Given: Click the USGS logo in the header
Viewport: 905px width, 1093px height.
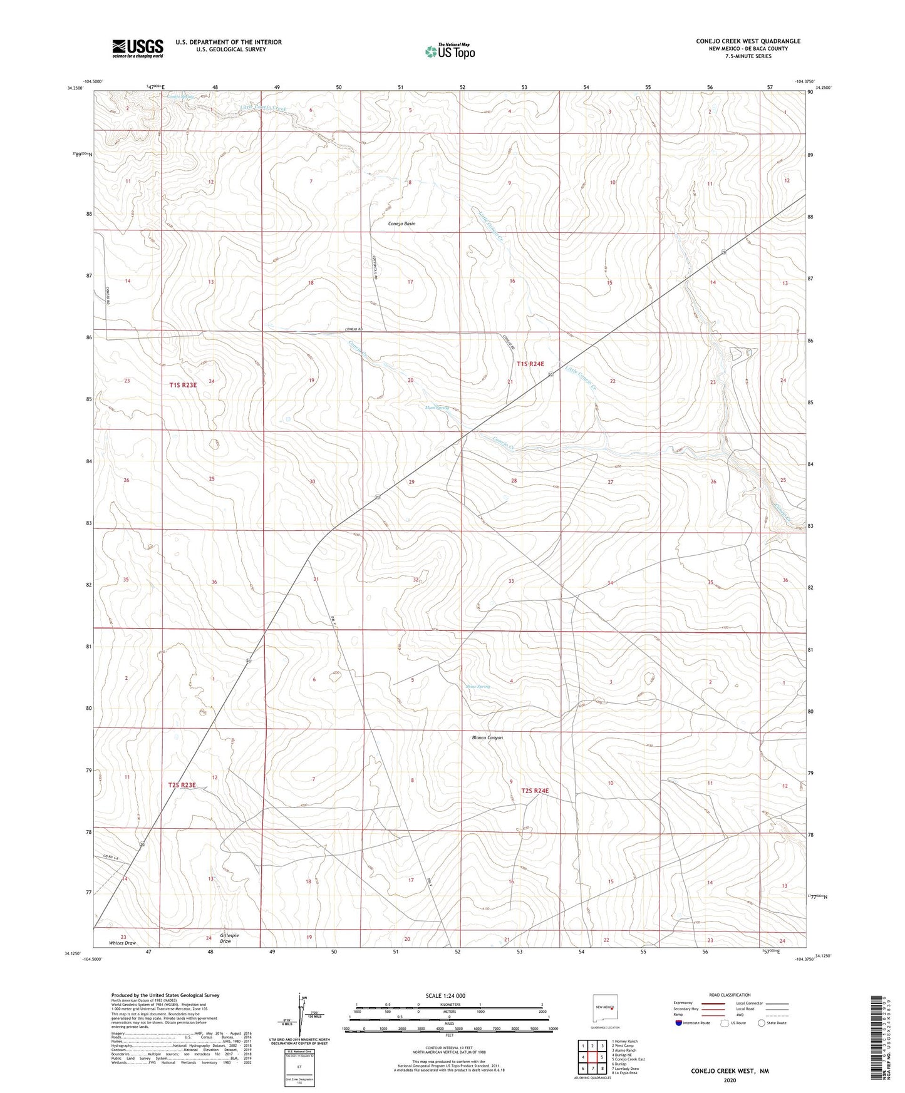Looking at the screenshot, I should [138, 48].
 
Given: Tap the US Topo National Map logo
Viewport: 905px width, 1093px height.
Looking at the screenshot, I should [450, 51].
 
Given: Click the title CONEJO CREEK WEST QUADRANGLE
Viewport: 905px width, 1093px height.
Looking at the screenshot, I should [748, 41].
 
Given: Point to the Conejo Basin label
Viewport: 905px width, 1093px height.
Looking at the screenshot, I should [401, 223].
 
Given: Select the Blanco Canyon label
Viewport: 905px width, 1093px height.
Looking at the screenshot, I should [487, 737].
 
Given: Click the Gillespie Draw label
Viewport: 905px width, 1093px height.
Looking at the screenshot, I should [229, 938].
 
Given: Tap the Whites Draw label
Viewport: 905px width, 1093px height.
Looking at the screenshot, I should [122, 943].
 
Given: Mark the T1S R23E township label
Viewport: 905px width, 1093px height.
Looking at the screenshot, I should [183, 386].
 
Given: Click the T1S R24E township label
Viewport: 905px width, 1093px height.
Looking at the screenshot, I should [530, 364].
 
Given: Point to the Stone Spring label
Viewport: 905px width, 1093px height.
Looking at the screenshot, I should [478, 687].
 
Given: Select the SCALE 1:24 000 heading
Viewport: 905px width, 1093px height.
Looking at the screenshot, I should [445, 995].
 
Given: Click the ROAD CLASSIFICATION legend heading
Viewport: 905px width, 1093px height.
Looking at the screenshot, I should [730, 995].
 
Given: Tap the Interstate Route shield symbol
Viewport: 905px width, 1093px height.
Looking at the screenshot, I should [680, 1024].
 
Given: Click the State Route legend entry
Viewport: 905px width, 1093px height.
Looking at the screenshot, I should [772, 1023].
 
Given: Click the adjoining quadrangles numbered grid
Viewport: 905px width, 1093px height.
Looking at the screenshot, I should [592, 1057].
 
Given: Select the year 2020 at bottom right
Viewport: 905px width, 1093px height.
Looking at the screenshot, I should [730, 1080].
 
